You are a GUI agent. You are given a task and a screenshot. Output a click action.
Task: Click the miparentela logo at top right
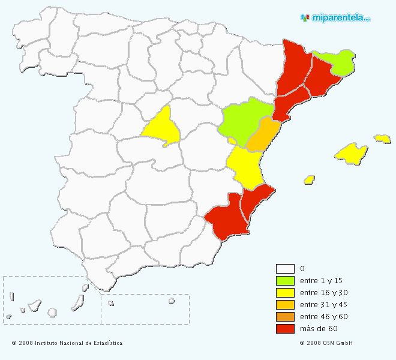(335, 18)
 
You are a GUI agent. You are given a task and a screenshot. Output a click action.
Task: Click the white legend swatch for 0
(285, 269)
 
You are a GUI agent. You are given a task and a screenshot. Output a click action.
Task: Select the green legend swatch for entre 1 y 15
(285, 281)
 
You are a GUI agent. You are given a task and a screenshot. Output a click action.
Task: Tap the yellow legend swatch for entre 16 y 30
(285, 293)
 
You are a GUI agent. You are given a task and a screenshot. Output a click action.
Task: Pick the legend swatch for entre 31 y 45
(285, 305)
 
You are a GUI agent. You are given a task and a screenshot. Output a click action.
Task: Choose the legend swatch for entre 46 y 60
(285, 317)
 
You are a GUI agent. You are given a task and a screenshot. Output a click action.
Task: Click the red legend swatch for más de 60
(285, 329)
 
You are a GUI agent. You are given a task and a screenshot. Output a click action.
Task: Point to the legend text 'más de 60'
(319, 329)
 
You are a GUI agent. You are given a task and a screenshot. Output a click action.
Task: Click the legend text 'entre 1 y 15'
(321, 281)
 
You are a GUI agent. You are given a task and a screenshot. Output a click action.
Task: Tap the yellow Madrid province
(162, 127)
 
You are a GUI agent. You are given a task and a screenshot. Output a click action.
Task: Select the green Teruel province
(240, 120)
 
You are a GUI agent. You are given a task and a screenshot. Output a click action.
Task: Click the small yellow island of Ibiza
(310, 179)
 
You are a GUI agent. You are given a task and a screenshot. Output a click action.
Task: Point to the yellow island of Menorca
(382, 139)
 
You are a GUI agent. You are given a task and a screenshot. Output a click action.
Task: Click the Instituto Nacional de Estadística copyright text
(67, 343)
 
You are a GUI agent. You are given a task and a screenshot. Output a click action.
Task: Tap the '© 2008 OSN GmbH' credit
(326, 343)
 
